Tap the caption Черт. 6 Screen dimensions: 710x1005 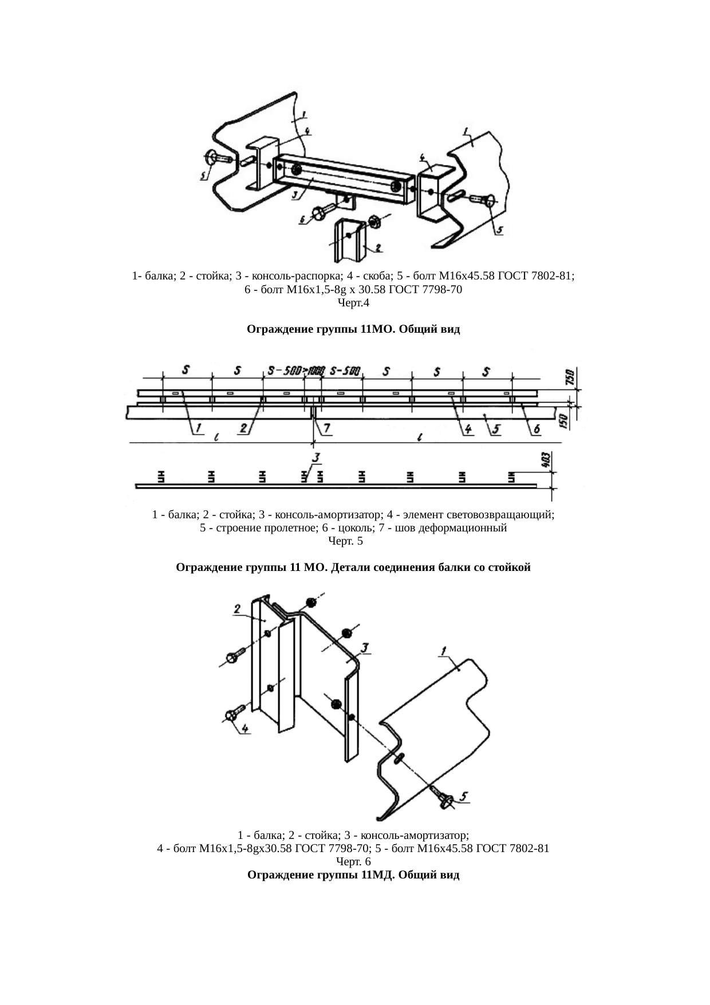click(x=353, y=861)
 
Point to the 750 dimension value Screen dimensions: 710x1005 click(x=569, y=377)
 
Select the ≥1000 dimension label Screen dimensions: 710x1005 click(x=314, y=371)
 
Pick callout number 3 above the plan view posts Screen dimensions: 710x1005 click(x=315, y=458)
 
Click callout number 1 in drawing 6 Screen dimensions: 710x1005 click(x=444, y=649)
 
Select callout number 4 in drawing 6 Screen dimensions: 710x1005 click(x=244, y=728)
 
